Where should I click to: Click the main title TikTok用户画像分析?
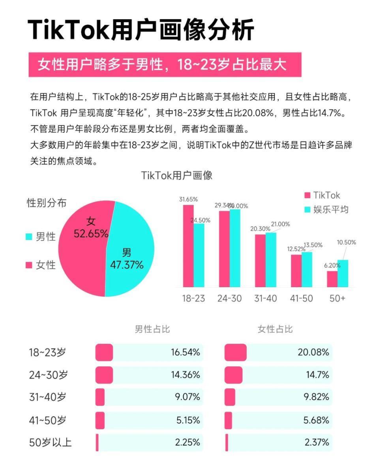tap(141, 30)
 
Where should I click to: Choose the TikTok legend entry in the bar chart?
tap(322, 195)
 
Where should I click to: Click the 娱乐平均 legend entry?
tap(326, 209)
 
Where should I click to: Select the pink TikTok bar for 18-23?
tap(188, 245)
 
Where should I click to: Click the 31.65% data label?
tap(188, 199)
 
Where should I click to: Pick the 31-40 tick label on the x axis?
tap(265, 298)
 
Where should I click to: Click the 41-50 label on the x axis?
tap(301, 298)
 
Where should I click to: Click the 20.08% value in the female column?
tap(313, 352)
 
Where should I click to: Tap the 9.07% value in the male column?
tap(188, 397)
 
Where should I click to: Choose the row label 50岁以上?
tap(50, 442)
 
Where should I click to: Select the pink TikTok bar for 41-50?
tap(296, 271)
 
